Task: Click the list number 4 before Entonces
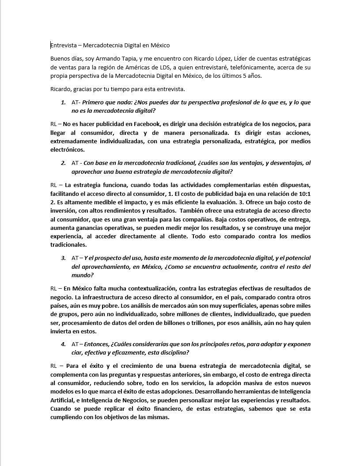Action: coord(63,344)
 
